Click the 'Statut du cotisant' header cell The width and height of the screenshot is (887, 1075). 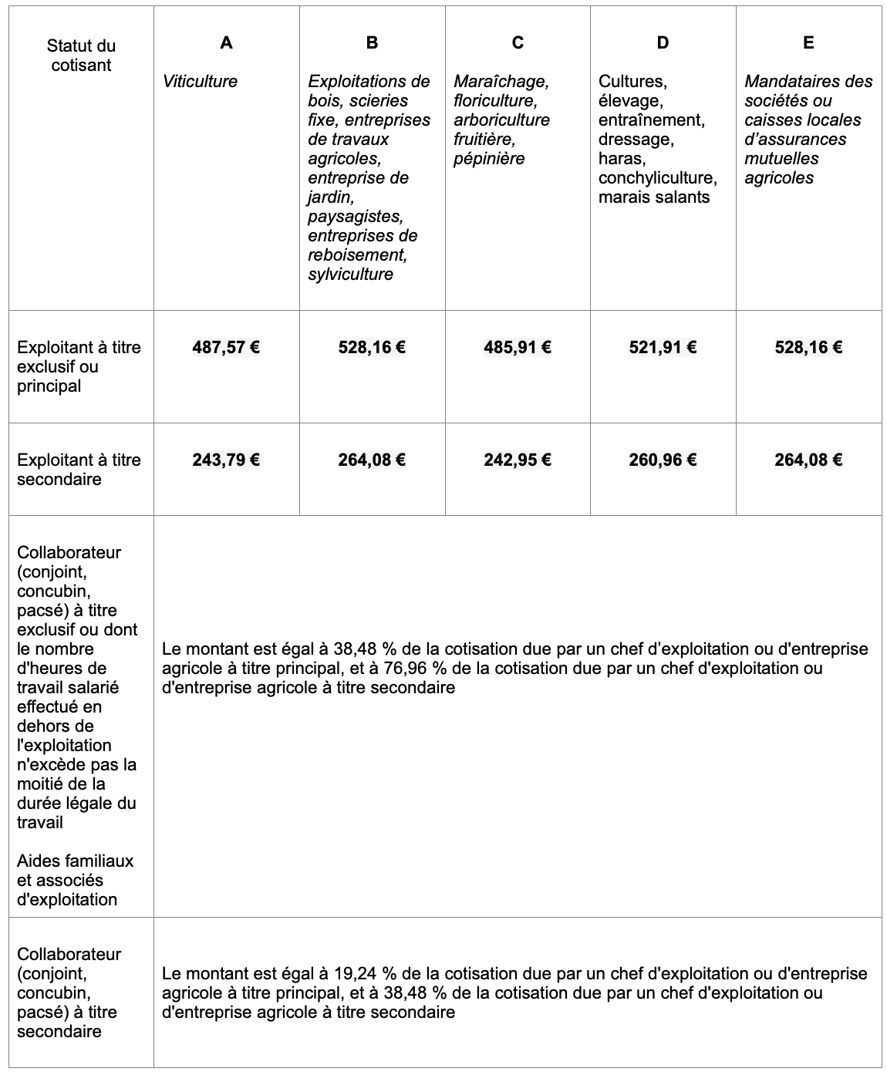tap(81, 56)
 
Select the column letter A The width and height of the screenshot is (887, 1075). tap(226, 42)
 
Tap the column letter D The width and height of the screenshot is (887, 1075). tap(663, 42)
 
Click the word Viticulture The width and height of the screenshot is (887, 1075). tap(200, 81)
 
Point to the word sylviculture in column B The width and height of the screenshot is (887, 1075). tap(350, 274)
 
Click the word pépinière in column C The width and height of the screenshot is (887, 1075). tap(489, 158)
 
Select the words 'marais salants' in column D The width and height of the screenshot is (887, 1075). tap(653, 197)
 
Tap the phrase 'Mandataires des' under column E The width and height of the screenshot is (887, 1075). tap(808, 81)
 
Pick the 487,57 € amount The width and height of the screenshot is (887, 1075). tap(226, 347)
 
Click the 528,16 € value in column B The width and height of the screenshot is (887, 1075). tap(372, 347)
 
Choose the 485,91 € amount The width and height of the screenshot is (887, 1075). tap(518, 347)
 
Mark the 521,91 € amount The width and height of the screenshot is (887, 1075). tap(663, 347)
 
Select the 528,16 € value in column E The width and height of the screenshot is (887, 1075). tap(808, 347)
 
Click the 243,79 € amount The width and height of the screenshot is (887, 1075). tap(226, 460)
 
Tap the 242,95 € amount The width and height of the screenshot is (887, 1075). tap(518, 460)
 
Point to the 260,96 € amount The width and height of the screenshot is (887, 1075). tap(663, 460)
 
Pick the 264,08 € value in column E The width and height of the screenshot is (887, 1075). tap(808, 460)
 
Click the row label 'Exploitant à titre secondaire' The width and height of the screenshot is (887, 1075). tap(79, 469)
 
